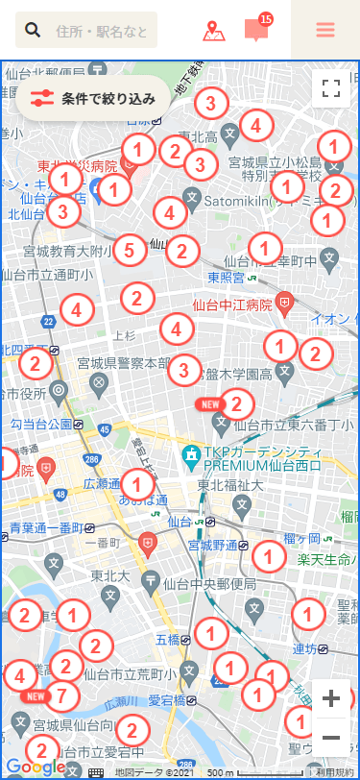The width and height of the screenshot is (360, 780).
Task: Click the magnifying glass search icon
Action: [x=33, y=31]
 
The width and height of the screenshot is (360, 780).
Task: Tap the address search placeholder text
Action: [x=102, y=32]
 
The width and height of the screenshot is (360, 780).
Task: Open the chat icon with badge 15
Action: [x=255, y=30]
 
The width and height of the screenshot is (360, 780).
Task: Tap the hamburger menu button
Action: [x=325, y=30]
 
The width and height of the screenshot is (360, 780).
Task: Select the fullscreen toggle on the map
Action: [x=332, y=89]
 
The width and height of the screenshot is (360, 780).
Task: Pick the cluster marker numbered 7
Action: [x=62, y=693]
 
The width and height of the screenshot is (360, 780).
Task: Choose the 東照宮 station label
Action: [x=226, y=278]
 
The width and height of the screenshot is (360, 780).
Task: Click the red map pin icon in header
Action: [x=214, y=31]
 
